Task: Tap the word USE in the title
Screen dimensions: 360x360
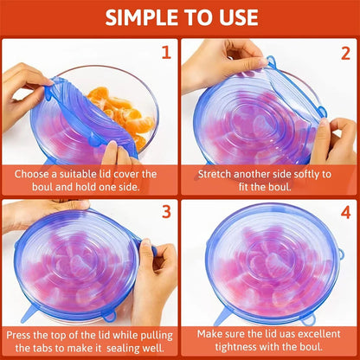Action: (x=233, y=17)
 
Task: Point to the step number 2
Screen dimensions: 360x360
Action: (x=344, y=51)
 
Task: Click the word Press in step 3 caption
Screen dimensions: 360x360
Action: (x=28, y=333)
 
